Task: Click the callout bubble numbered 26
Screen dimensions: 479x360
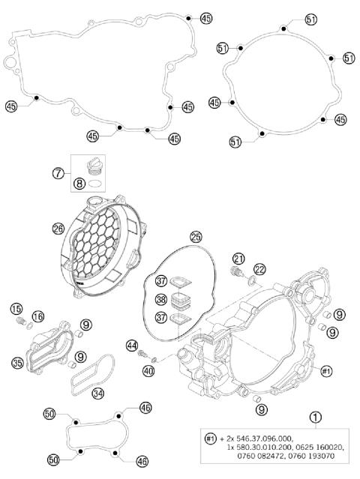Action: coord(58,229)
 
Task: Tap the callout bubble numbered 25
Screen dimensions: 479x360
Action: coord(196,237)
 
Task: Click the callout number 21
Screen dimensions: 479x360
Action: coord(239,259)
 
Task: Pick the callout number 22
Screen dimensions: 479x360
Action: coord(259,268)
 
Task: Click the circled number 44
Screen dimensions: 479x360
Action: coord(133,345)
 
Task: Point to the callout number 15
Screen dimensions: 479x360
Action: coord(16,308)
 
